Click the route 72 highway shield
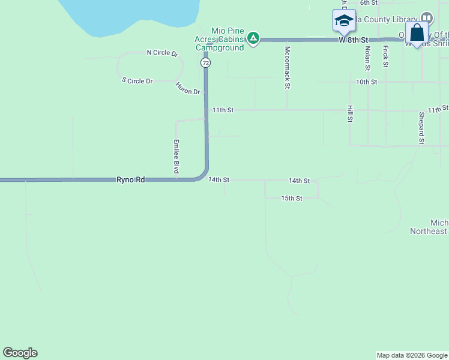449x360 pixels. [x=206, y=62]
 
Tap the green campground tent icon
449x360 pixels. [x=254, y=39]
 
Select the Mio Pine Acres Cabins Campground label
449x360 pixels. [x=228, y=39]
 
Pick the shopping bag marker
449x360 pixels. [x=417, y=34]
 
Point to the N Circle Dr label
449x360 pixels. [x=163, y=53]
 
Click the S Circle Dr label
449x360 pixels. [x=137, y=80]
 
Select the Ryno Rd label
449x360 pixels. [x=131, y=179]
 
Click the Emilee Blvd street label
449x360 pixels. [x=176, y=157]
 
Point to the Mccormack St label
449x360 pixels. [x=288, y=68]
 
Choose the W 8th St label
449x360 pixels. [x=352, y=40]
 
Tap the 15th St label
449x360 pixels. [x=291, y=198]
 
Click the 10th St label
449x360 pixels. [x=366, y=82]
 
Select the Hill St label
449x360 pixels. [x=349, y=113]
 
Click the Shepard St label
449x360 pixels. [x=421, y=128]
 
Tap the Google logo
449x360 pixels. [x=20, y=353]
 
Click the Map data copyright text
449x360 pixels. [x=412, y=355]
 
